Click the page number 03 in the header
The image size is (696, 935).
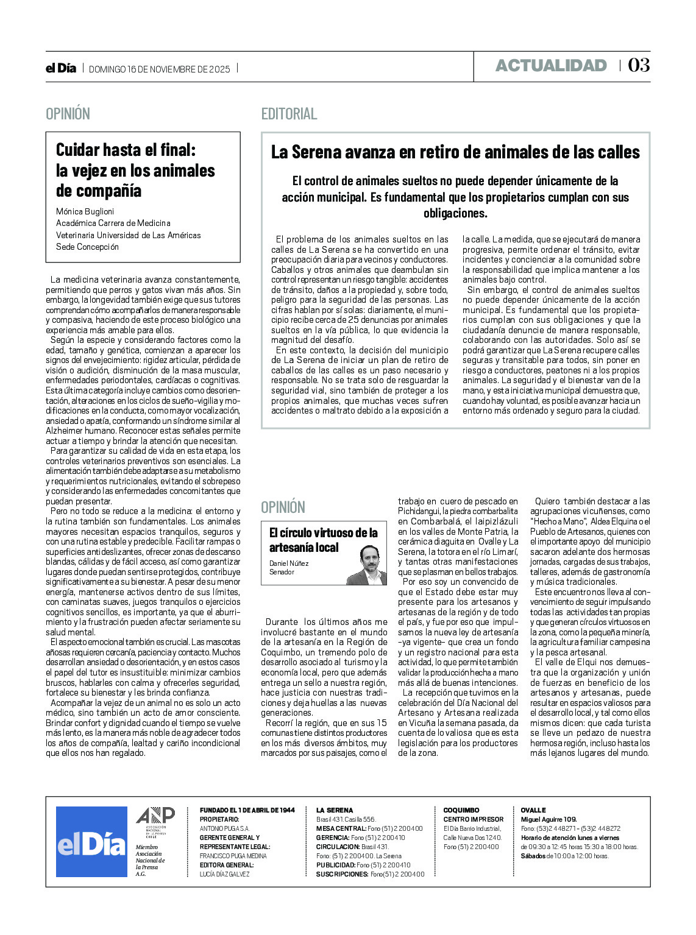coord(639,65)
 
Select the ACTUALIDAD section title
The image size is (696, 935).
coord(551,66)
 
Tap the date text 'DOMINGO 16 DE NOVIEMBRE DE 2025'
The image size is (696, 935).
coord(160,69)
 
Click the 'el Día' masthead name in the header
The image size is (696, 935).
coord(61,68)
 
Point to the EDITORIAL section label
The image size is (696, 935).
coord(289,114)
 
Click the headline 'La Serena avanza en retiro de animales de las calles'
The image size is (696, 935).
coord(455,152)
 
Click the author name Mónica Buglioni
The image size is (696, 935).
coord(85,211)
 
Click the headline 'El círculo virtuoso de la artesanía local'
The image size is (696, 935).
coord(323,540)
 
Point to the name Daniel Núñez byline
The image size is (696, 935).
coord(289,563)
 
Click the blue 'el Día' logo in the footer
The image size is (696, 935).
coord(91,842)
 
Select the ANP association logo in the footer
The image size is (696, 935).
coord(155,819)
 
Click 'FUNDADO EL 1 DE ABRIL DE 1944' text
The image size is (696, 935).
coord(247,810)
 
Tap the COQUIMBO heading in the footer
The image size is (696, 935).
coord(461,810)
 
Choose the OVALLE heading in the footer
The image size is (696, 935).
coord(533,810)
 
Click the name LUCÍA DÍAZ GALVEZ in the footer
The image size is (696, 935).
coord(224,874)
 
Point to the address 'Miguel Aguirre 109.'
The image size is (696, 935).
coord(549,819)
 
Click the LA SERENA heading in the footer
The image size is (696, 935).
coord(334,810)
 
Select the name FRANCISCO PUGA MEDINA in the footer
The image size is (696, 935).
coord(233,856)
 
